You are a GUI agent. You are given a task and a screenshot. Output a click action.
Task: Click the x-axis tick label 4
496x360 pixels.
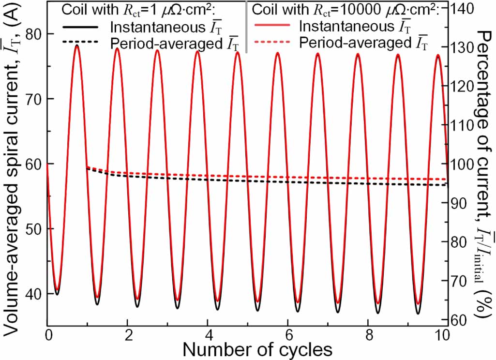click(x=207, y=335)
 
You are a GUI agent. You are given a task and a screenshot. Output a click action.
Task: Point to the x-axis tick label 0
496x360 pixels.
click(x=47, y=335)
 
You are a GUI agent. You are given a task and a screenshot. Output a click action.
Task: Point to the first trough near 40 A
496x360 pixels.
click(x=57, y=292)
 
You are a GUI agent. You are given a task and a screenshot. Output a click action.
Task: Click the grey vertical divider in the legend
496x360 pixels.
click(x=247, y=27)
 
